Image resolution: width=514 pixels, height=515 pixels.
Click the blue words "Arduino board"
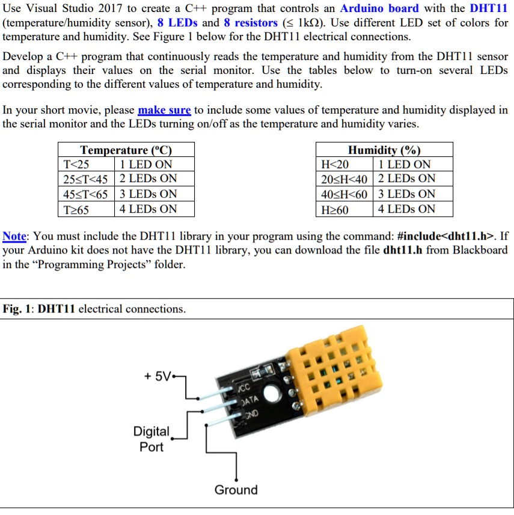[380, 9]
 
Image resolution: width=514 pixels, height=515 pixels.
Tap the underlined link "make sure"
[164, 111]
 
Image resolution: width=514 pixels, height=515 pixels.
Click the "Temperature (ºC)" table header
[126, 150]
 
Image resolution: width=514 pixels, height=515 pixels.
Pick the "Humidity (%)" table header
[384, 150]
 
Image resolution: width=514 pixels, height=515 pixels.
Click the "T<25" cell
[76, 165]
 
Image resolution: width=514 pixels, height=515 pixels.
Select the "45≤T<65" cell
[85, 194]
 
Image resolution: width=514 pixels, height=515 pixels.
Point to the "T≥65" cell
[76, 209]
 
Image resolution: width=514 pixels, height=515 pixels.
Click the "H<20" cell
[334, 165]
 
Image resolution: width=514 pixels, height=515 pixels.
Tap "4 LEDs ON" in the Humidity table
[406, 209]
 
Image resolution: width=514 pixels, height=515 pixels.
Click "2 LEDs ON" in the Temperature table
[148, 179]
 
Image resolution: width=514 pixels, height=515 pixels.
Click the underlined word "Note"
[14, 236]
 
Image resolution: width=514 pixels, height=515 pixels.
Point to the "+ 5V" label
[157, 377]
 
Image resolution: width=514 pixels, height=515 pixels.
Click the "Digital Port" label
[151, 439]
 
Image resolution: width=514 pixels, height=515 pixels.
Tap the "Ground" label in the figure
[236, 490]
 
